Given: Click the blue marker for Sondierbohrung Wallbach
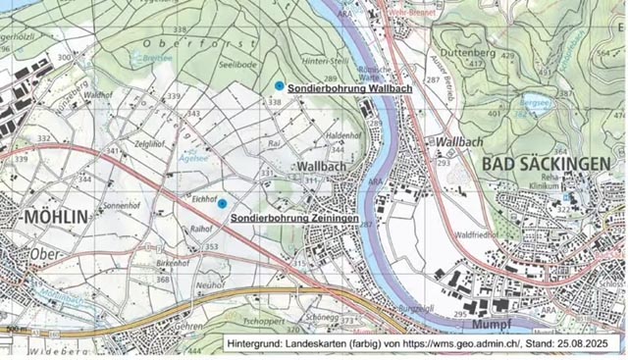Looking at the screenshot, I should [x=280, y=86].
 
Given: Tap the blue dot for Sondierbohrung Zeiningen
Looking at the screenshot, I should [x=222, y=203].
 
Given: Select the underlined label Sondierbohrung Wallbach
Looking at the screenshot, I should [x=349, y=88].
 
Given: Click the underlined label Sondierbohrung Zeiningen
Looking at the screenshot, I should [x=293, y=217].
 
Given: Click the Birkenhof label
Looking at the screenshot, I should [x=172, y=264].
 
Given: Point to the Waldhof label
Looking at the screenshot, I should [x=100, y=96].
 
